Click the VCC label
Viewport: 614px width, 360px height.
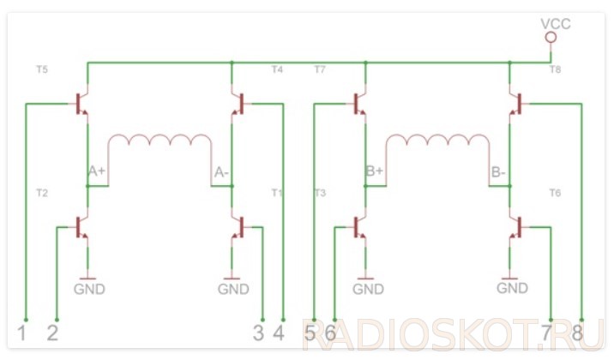tap(556, 23)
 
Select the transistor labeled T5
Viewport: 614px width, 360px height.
tap(82, 104)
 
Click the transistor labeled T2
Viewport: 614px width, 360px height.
tap(82, 227)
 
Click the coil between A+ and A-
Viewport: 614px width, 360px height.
tap(160, 142)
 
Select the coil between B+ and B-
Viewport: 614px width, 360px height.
tap(438, 142)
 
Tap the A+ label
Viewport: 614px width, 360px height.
tap(97, 171)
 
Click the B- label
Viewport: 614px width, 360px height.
tap(498, 172)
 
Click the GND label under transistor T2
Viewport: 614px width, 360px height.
tap(89, 289)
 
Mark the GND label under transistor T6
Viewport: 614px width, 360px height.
tap(513, 289)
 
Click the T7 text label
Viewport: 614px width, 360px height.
tap(320, 69)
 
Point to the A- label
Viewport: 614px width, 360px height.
tap(221, 172)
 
